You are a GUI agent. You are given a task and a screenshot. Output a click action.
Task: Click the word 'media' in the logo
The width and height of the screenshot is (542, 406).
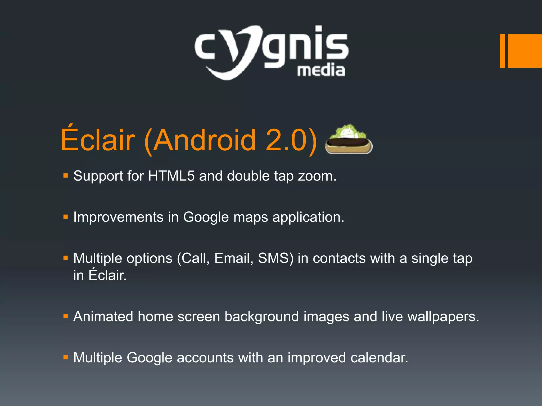pos(321,71)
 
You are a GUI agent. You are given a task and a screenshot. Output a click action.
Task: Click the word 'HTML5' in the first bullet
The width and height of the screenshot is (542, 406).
pos(171,176)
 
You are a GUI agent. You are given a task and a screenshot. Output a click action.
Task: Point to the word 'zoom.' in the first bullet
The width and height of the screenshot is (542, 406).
pos(317,176)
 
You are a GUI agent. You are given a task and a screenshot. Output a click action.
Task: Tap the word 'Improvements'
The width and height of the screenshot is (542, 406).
pos(118,217)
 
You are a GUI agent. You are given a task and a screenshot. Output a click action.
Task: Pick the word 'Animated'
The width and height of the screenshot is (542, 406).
pos(103,316)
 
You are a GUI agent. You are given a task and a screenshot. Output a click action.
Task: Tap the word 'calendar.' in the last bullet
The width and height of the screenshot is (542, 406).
pos(379,358)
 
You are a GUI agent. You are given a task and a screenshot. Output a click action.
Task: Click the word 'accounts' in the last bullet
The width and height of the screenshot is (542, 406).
pos(205,358)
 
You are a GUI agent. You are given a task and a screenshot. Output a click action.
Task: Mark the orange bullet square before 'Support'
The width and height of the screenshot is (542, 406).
pos(66,176)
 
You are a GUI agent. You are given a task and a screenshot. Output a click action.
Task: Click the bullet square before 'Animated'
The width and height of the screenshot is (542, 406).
pos(66,316)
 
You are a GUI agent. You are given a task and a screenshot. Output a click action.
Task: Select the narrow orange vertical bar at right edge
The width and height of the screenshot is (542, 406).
pos(502,51)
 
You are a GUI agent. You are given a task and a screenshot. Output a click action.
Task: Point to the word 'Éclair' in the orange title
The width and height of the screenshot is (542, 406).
pos(98,140)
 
